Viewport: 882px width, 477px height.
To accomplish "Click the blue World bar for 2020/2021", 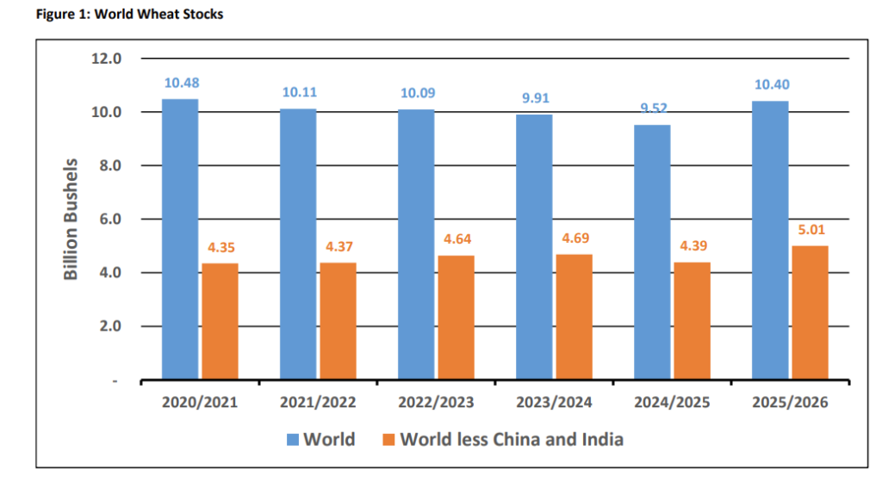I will tap(180, 239).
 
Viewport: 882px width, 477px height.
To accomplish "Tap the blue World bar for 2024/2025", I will tap(652, 252).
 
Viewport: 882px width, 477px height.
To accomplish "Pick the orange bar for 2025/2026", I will tap(810, 313).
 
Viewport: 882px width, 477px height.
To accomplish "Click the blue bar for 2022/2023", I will tap(416, 245).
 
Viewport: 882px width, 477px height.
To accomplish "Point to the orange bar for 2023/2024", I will tap(574, 317).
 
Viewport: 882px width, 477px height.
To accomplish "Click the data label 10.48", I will tap(180, 84).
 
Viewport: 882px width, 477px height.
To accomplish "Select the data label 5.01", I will tap(810, 231).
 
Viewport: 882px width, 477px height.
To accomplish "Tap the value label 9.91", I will tap(534, 99).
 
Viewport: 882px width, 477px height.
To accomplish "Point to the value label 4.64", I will tap(456, 240).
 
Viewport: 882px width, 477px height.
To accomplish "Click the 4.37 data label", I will tap(338, 247).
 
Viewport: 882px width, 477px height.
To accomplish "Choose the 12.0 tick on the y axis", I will tap(108, 59).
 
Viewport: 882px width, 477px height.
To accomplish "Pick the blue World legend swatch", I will tap(293, 440).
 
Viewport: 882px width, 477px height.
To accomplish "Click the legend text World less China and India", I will tap(513, 440).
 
